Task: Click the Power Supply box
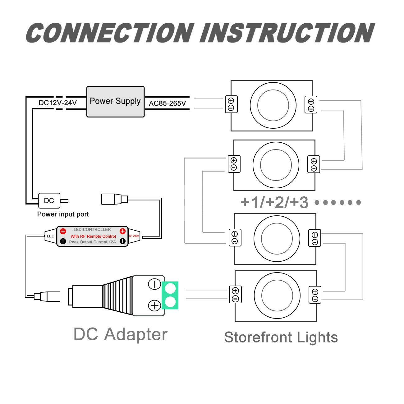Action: tap(116, 102)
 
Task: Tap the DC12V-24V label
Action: tap(58, 103)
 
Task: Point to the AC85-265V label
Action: tap(167, 103)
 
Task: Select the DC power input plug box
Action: tap(49, 201)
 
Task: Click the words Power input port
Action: tap(63, 214)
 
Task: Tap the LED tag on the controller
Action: tap(51, 236)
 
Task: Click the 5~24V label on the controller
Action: tap(134, 236)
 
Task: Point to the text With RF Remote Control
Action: tap(93, 236)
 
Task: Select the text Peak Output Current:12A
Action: tap(93, 242)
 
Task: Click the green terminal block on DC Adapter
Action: tap(170, 295)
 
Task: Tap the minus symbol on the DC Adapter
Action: tap(154, 284)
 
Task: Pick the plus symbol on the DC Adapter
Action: tap(154, 306)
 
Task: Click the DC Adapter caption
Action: tap(121, 334)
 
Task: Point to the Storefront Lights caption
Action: tap(281, 337)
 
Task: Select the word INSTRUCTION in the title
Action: tap(287, 33)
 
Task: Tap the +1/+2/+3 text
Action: tap(274, 203)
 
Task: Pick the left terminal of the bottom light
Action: tap(236, 294)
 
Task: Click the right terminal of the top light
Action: tap(311, 105)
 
